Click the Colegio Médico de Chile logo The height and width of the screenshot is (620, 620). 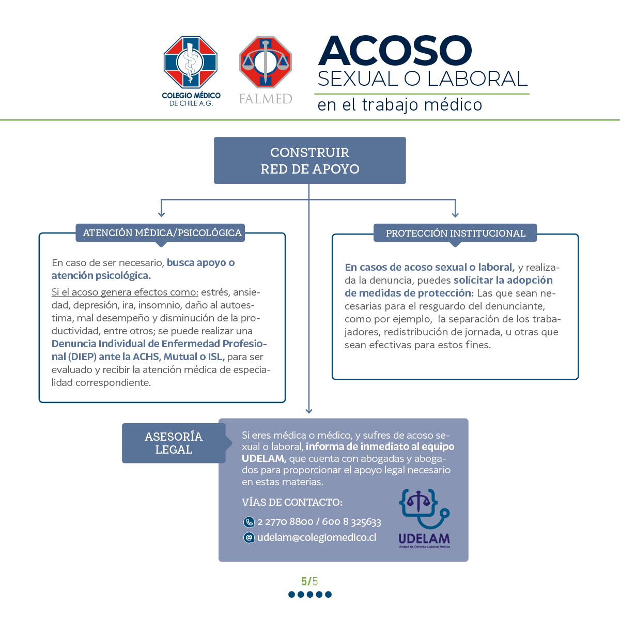[x=191, y=71]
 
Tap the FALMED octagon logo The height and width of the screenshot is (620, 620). [x=266, y=62]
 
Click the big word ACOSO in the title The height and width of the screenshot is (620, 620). [x=395, y=51]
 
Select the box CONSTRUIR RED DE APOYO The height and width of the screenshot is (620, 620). [x=310, y=160]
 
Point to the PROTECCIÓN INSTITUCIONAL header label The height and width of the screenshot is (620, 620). [x=455, y=233]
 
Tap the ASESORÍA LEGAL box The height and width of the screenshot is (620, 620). [x=174, y=443]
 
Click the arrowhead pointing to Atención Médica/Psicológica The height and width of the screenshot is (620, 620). [x=161, y=213]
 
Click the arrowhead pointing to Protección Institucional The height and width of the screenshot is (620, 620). [x=455, y=214]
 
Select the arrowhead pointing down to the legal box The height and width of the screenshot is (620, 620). [x=309, y=411]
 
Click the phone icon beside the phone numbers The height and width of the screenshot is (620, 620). [x=249, y=522]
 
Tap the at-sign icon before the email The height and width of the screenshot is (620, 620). [x=249, y=538]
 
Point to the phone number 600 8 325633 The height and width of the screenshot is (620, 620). [x=351, y=521]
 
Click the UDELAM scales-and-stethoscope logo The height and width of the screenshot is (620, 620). [x=424, y=518]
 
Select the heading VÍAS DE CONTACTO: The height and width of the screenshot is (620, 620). [x=292, y=502]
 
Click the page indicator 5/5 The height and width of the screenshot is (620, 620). [x=309, y=581]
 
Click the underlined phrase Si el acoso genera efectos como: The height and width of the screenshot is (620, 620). [x=125, y=292]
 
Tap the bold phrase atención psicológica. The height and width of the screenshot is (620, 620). [x=101, y=275]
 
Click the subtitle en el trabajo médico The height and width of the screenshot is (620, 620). [x=399, y=105]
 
